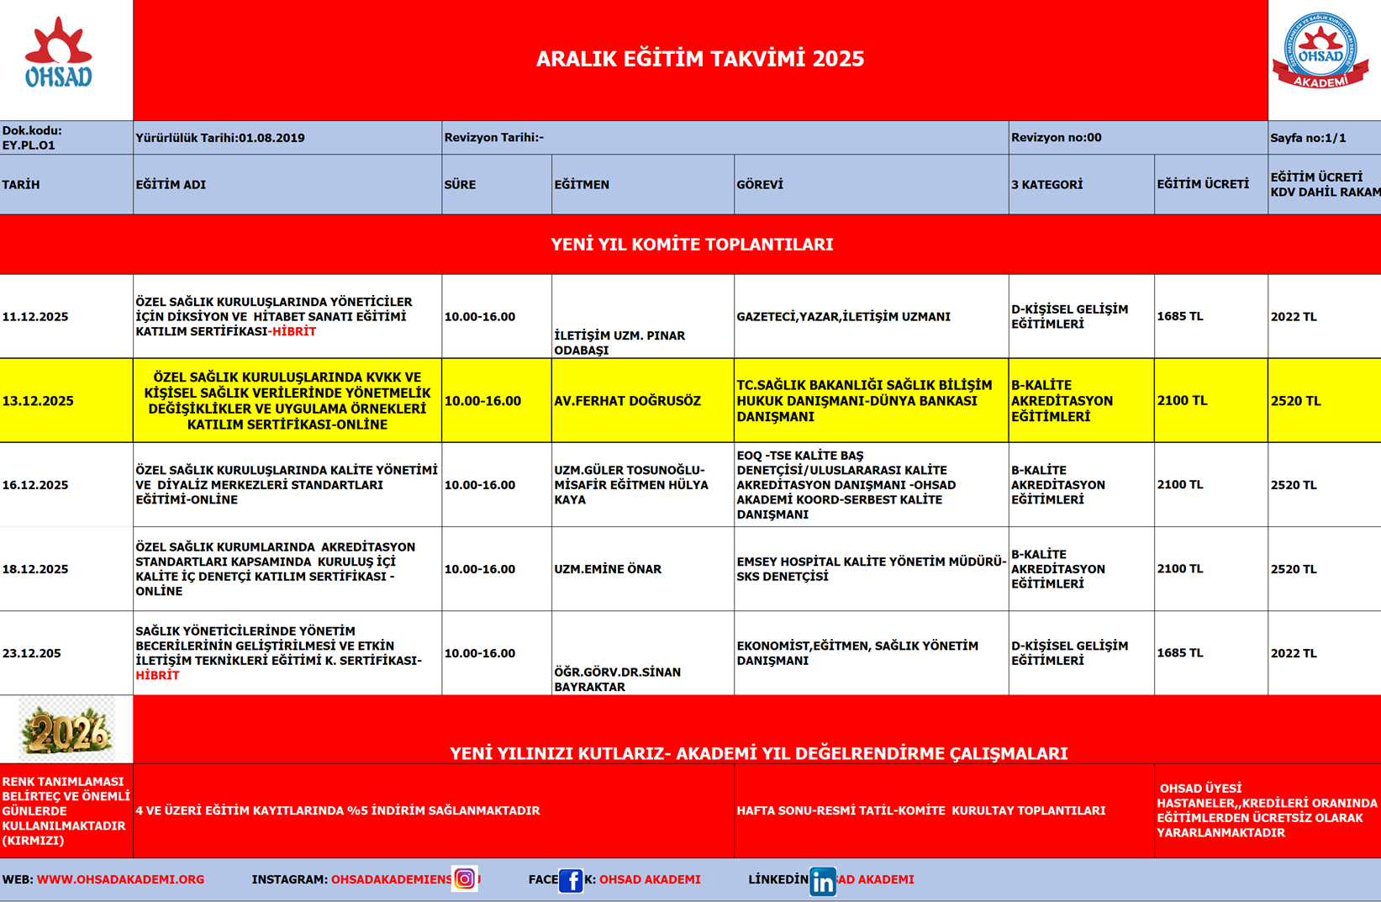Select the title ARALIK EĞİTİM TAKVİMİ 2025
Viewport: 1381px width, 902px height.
(699, 59)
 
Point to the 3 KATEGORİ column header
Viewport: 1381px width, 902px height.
(1046, 185)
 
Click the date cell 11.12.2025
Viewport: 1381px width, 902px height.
(35, 317)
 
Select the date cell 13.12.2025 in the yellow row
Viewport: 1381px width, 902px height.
(38, 401)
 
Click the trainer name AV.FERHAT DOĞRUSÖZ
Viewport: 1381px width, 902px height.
(627, 401)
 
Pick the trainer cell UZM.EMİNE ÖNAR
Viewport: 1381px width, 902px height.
(608, 569)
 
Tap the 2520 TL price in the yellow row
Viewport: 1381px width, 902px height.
(1295, 401)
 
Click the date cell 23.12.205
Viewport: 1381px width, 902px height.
(32, 653)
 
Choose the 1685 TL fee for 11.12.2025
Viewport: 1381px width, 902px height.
(1179, 317)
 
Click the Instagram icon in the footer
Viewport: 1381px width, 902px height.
(464, 879)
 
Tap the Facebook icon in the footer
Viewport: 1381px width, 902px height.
(571, 880)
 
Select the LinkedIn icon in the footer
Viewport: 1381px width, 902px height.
(822, 881)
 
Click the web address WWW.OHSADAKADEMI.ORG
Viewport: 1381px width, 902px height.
(120, 879)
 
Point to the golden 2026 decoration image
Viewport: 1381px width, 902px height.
(66, 730)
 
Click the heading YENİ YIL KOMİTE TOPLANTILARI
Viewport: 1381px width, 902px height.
(692, 245)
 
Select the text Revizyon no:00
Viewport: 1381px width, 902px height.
(1056, 137)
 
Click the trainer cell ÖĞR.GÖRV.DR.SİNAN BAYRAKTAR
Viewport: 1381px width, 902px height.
(617, 679)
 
